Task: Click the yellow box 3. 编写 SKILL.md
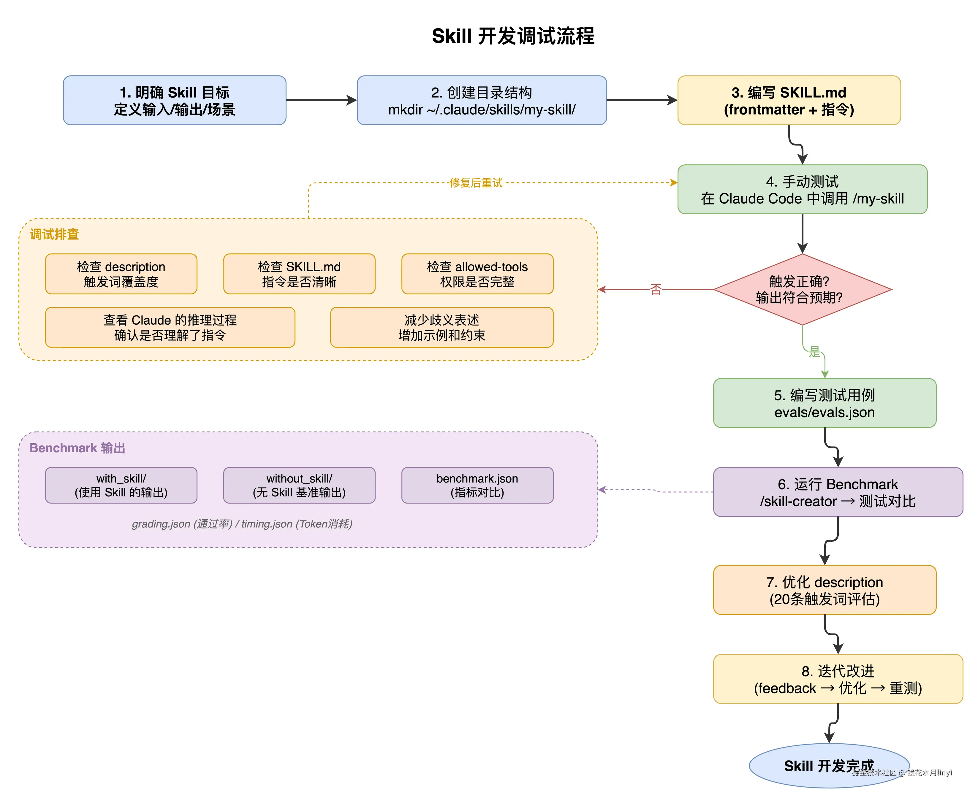[x=789, y=100]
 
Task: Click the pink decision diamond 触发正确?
[x=802, y=289]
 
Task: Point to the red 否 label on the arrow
[x=656, y=289]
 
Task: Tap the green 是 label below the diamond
[x=814, y=352]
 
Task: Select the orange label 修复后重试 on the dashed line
[x=476, y=183]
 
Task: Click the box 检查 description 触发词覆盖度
[x=121, y=274]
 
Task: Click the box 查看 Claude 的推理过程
[x=170, y=327]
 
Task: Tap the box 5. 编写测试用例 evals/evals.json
[x=824, y=403]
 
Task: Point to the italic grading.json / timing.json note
[x=242, y=523]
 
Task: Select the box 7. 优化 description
[x=824, y=590]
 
